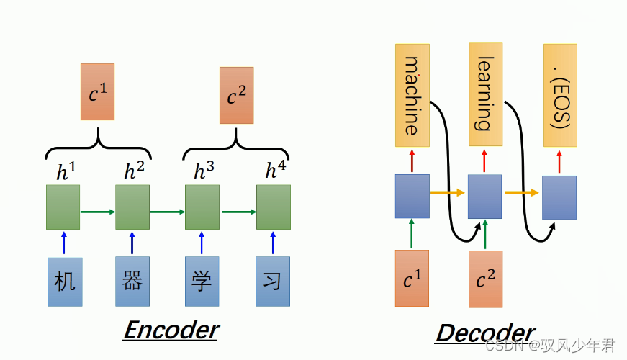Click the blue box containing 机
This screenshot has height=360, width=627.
pos(65,282)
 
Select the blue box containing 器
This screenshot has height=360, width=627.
pos(132,281)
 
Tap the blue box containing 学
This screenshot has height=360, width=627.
pos(202,281)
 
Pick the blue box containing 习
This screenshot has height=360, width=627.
pos(273,281)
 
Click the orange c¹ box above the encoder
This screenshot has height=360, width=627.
pos(97,91)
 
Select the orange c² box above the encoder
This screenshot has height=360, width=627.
pos(237,95)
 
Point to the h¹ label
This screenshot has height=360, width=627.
pos(66,171)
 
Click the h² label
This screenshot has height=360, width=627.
pos(133,171)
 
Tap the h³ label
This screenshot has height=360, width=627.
pos(204,171)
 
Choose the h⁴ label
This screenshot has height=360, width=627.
pos(274,171)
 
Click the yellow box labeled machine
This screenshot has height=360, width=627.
pos(412,95)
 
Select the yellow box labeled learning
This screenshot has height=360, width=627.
pos(485,94)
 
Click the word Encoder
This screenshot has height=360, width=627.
pos(171,330)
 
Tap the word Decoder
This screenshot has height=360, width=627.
pos(485,333)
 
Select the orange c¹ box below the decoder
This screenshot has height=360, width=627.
pos(412,279)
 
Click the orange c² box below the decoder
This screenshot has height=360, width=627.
pos(485,279)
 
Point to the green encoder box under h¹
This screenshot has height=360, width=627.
pos(63,207)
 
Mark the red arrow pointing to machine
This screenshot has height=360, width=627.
pos(412,161)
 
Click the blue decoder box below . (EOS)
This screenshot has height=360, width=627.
pos(559,197)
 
